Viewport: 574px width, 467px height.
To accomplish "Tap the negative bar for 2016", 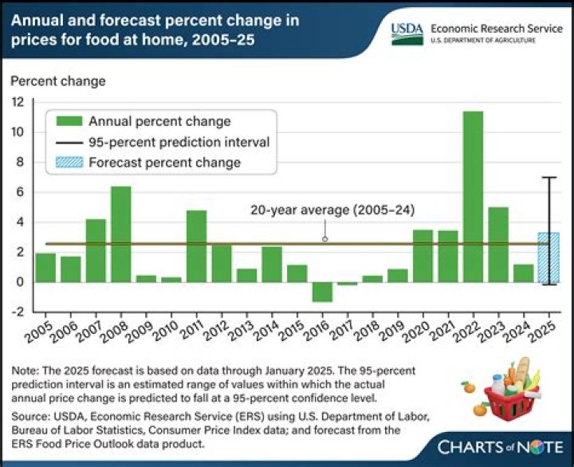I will pyautogui.click(x=322, y=292).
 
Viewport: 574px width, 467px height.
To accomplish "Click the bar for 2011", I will pyautogui.click(x=196, y=246).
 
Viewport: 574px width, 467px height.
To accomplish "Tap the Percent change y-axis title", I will pyautogui.click(x=57, y=80).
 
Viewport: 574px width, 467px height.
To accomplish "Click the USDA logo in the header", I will pyautogui.click(x=407, y=30).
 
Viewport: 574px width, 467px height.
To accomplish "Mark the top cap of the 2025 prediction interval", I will pyautogui.click(x=548, y=178).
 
